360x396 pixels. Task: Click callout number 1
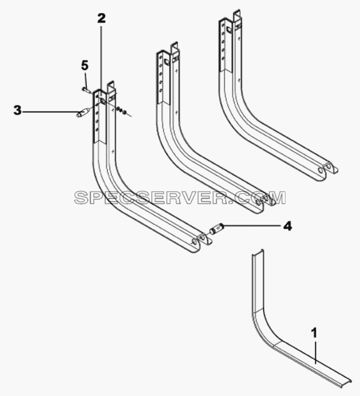pos(314,333)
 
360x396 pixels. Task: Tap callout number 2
pos(101,18)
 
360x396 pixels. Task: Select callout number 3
pos(17,111)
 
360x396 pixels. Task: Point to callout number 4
pos(287,226)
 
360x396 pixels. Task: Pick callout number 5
pos(85,66)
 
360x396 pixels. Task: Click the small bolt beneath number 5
pos(85,89)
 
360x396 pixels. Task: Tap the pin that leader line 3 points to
pos(82,112)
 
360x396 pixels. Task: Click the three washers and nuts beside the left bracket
pos(120,110)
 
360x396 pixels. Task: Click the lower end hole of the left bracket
pos(194,242)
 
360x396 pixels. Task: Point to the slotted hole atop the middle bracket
pos(167,61)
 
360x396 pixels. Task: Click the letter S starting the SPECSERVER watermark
pos(81,197)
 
